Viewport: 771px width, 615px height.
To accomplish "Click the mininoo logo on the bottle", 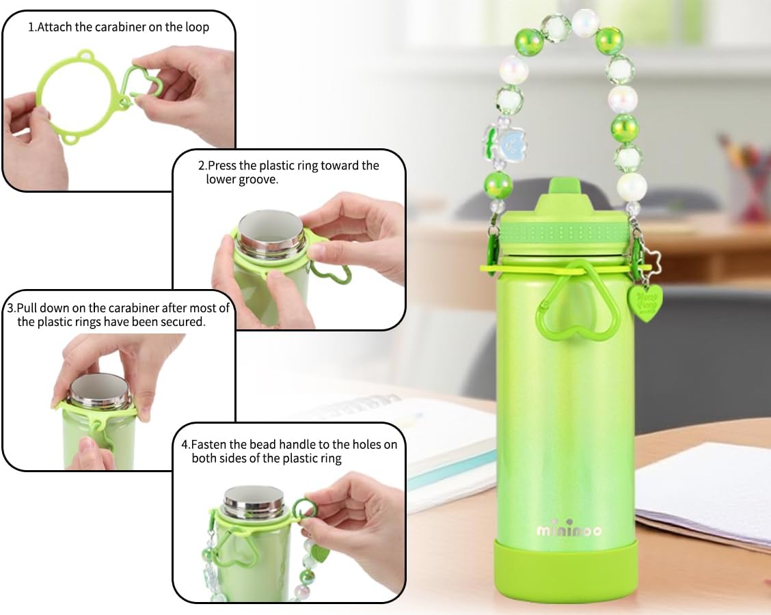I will [x=569, y=530].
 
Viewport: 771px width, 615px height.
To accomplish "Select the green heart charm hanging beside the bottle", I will [x=646, y=301].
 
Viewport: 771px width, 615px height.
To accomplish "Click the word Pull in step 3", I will [x=28, y=308].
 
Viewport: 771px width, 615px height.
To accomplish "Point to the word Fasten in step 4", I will [x=208, y=444].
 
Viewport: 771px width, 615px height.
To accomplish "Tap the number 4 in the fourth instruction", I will [x=185, y=444].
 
